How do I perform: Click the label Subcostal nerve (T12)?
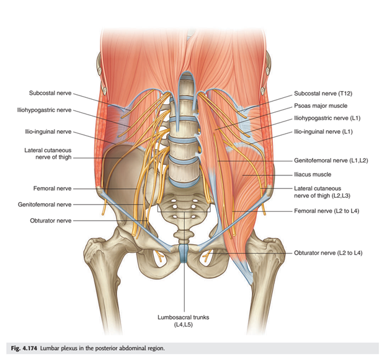[323, 94]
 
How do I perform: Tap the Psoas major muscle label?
[321, 106]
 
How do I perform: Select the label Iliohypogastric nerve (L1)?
[327, 118]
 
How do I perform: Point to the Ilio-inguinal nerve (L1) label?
[323, 132]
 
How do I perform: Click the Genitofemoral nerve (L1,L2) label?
[331, 160]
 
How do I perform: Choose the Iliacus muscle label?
[313, 175]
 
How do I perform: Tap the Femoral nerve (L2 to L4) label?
[326, 211]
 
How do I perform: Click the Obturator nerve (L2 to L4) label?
[328, 253]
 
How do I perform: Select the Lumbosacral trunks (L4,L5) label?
[184, 321]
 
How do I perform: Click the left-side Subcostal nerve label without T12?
[50, 93]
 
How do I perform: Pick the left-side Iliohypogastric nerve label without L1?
[44, 110]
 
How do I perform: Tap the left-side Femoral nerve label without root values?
[52, 188]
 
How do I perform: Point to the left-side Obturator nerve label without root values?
[51, 221]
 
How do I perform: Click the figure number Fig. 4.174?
[24, 348]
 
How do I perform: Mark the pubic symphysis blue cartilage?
[184, 253]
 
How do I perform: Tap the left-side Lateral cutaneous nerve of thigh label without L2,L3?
[48, 154]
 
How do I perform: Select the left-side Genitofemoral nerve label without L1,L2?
[45, 204]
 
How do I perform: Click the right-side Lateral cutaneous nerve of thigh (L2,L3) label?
[322, 192]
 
